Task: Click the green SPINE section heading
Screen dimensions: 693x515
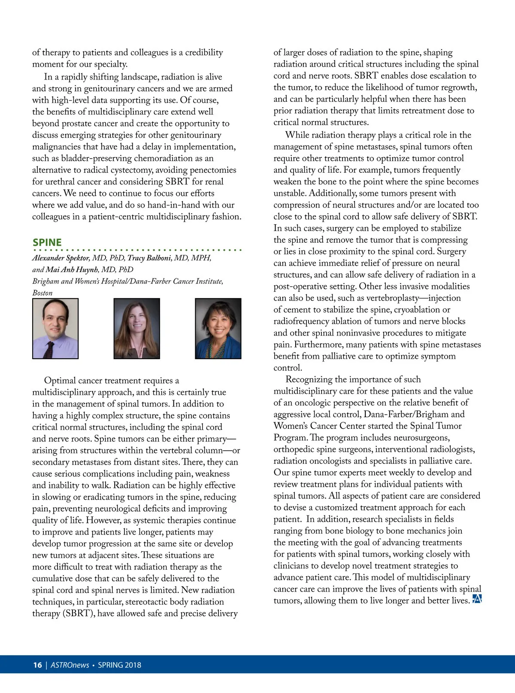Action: pos(47,242)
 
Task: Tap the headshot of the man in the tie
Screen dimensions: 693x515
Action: pos(55,328)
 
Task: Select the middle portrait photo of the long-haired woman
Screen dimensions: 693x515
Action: pos(136,328)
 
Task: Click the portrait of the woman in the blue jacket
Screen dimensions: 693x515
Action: pos(218,328)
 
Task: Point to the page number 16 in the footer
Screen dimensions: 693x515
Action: pos(37,665)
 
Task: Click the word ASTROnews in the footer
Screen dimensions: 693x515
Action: pos(70,665)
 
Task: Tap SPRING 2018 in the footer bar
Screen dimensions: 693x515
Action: pos(119,665)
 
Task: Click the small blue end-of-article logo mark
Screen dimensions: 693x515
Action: pos(477,599)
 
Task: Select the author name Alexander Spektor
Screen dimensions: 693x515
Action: pos(61,258)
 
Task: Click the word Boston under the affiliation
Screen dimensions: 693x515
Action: pos(42,293)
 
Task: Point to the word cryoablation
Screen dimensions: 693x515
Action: pos(422,310)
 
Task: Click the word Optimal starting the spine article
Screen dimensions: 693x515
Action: pos(60,381)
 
